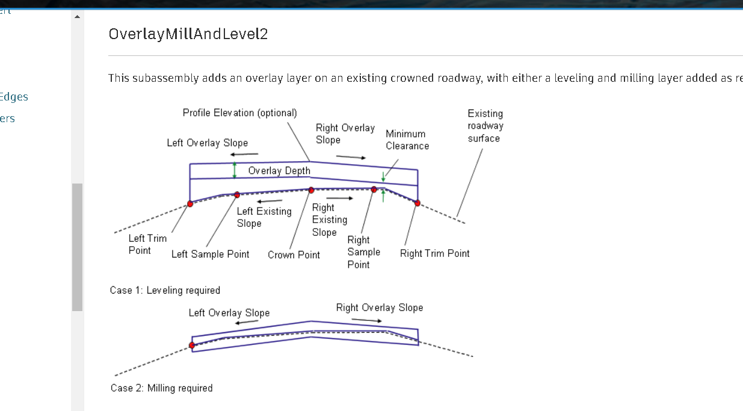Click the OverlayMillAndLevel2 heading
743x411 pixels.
tap(188, 34)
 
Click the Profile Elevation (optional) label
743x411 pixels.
tap(239, 113)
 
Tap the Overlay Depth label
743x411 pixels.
tap(279, 171)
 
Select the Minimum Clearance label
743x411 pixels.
tap(407, 140)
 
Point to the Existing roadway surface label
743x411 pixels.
tap(485, 126)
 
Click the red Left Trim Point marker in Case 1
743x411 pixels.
tap(190, 204)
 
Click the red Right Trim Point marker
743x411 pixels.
tap(417, 203)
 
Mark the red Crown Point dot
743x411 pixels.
tap(311, 190)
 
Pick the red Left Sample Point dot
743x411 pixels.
tap(237, 194)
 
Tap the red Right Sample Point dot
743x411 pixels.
tap(374, 190)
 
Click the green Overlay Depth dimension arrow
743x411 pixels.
tap(235, 170)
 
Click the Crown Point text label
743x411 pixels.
tap(294, 255)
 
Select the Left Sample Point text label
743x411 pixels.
tap(210, 255)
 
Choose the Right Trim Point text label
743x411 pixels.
tap(434, 253)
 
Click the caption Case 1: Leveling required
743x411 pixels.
tap(165, 291)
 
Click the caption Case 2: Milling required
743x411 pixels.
tap(161, 388)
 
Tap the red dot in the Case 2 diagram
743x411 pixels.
tap(192, 345)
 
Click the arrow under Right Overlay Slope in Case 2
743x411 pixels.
tap(366, 320)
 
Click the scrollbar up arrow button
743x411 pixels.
tap(77, 16)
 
